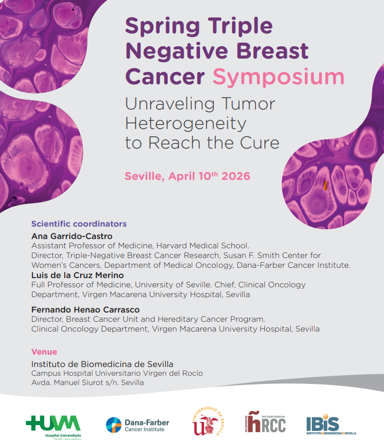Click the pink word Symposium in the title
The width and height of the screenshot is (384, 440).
(x=278, y=77)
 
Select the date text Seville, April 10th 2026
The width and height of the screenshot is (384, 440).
(x=188, y=176)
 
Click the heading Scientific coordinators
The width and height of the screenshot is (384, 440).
(x=79, y=224)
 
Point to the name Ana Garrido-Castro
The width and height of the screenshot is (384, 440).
(x=72, y=236)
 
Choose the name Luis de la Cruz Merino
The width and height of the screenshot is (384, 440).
(x=78, y=275)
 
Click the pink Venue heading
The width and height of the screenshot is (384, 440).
(x=44, y=352)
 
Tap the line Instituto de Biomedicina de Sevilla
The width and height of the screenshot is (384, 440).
(x=102, y=364)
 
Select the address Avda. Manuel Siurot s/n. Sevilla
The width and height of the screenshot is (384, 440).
(x=87, y=382)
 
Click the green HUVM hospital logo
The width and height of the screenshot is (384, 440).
(x=53, y=425)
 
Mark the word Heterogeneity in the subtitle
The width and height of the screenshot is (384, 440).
(x=186, y=123)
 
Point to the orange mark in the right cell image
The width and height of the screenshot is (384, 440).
(x=325, y=186)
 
